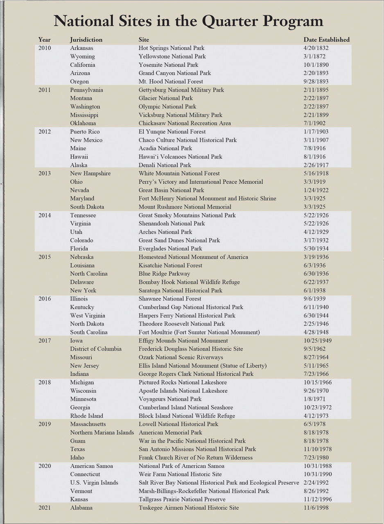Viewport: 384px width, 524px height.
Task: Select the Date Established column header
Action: point(326,40)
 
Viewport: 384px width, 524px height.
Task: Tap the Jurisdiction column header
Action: point(86,40)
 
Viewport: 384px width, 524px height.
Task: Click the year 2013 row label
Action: point(45,173)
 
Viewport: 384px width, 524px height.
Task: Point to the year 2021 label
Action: point(45,508)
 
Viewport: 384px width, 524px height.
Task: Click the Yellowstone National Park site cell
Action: point(172,56)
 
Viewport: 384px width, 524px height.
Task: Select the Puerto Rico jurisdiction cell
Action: point(85,131)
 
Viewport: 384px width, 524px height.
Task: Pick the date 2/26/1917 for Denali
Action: point(316,165)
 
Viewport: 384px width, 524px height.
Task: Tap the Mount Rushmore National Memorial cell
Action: point(185,207)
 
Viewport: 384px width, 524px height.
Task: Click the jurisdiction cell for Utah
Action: point(76,232)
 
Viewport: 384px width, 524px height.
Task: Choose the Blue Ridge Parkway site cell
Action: point(164,273)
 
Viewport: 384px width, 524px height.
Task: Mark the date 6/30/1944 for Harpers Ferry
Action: point(316,315)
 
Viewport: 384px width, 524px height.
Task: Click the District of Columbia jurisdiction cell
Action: point(96,349)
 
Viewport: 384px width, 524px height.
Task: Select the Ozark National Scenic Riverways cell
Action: point(181,357)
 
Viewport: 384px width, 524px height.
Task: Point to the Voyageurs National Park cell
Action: point(170,399)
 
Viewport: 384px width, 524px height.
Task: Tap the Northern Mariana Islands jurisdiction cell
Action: point(102,432)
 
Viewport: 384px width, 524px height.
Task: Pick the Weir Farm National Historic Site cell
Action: point(180,474)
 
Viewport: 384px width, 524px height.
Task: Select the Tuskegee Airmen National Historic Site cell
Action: point(189,508)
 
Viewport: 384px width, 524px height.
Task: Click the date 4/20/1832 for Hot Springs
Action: point(316,48)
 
